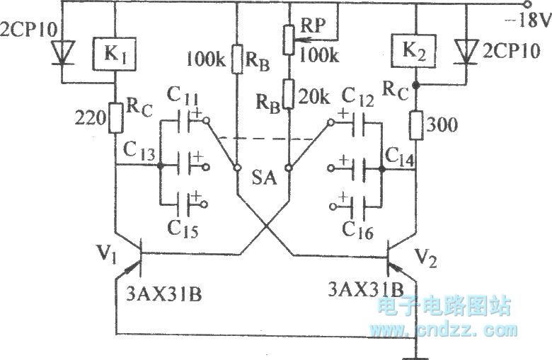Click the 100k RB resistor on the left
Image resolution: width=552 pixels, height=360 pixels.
(x=235, y=59)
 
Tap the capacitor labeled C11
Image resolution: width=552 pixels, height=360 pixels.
(x=182, y=122)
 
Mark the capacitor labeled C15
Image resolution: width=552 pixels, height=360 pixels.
(x=182, y=206)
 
